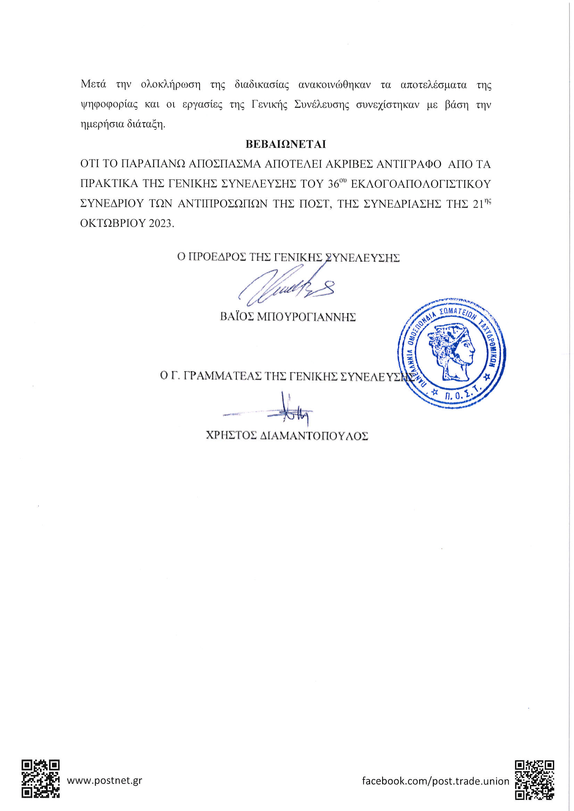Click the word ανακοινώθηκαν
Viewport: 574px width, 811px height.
tap(334, 85)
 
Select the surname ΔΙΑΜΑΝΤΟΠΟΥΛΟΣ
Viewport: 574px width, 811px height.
tap(314, 435)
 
